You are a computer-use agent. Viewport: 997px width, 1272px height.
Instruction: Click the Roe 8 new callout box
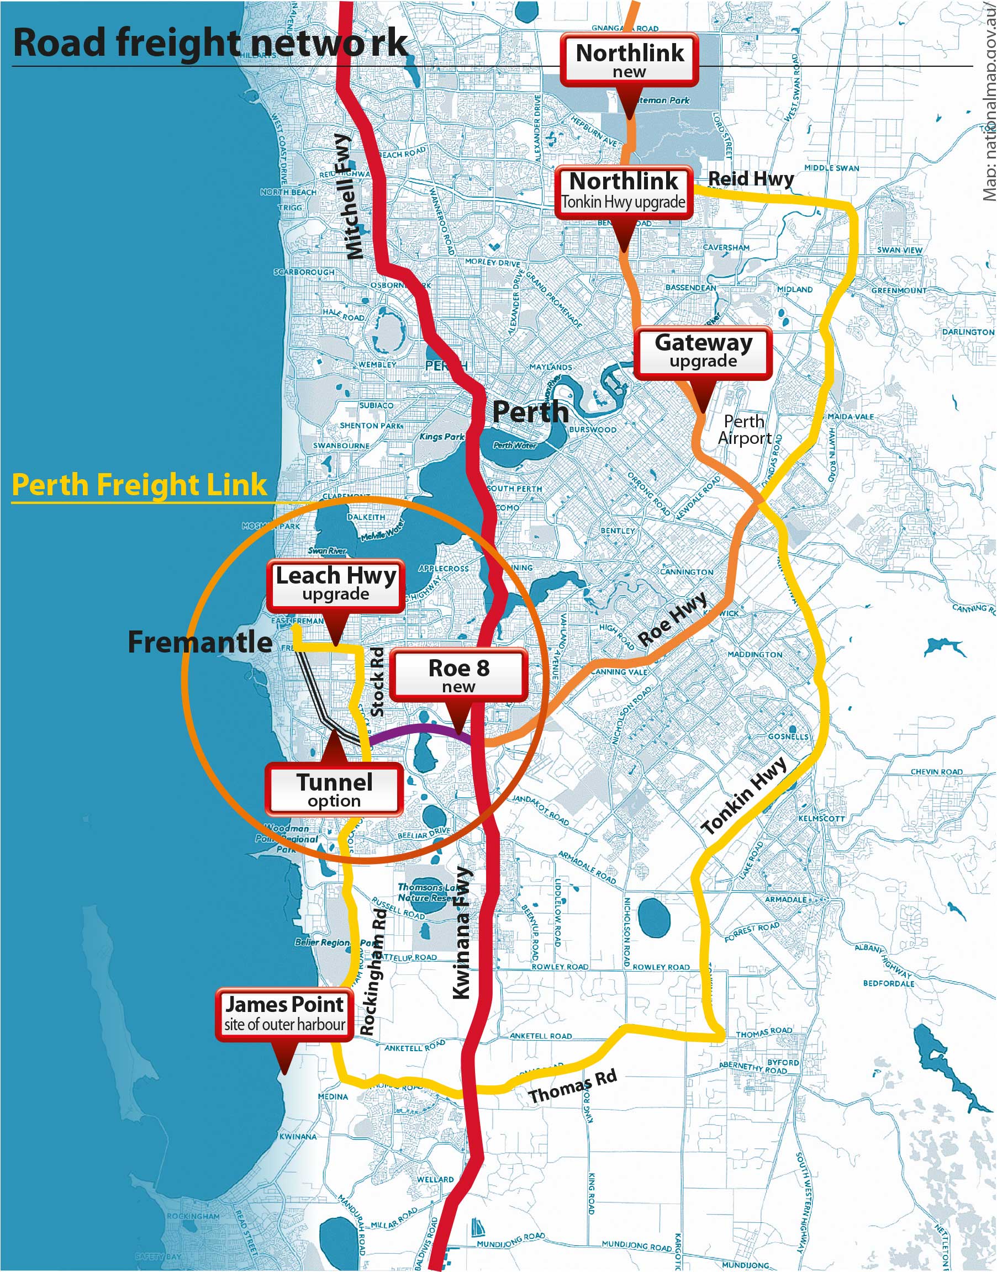coord(458,675)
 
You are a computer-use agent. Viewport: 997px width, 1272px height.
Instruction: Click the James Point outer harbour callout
coord(284,1014)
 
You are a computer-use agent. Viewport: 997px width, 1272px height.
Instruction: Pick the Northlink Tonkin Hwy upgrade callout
coord(624,190)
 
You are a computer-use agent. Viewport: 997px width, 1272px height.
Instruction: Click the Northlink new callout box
coord(629,60)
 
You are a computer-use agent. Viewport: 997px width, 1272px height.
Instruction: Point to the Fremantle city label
coord(199,642)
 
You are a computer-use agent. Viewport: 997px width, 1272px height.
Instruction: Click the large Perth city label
coord(530,412)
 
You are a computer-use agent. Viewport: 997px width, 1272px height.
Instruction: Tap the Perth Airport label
coord(744,430)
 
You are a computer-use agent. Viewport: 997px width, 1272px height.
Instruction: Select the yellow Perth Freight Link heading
coord(139,485)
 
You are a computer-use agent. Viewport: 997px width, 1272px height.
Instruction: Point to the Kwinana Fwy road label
coord(462,932)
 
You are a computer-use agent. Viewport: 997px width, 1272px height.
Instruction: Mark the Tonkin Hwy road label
coord(743,797)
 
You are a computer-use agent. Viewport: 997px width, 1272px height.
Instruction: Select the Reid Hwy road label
coord(751,178)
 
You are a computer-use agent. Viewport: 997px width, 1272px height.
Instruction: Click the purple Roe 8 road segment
coord(420,729)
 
